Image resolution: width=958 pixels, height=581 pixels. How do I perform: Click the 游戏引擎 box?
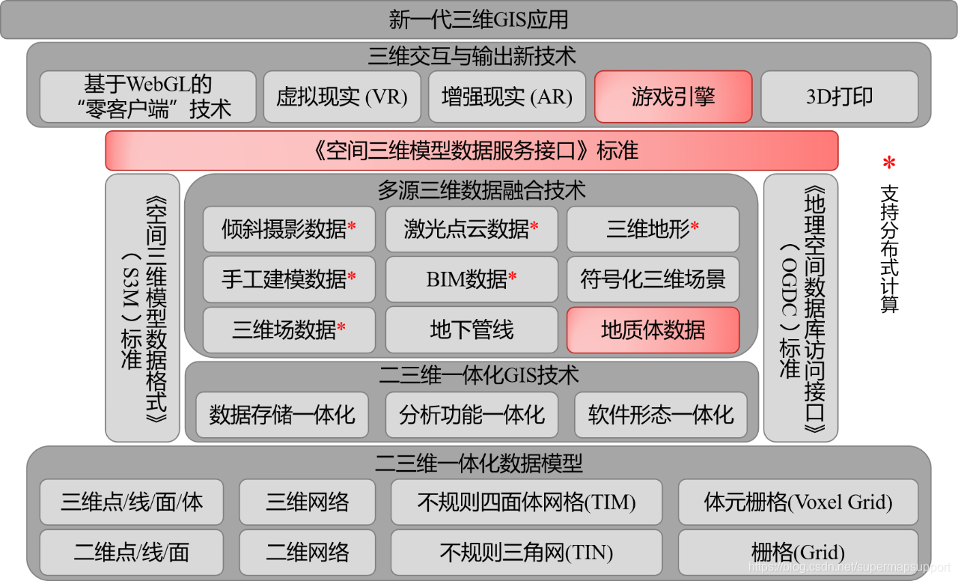[x=673, y=97]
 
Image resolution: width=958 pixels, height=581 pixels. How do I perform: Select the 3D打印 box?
[x=839, y=97]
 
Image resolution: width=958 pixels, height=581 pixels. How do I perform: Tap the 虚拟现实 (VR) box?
[x=342, y=97]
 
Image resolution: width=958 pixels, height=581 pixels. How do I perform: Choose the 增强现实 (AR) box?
[x=507, y=97]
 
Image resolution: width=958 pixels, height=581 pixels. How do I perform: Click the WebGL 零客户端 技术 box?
[x=147, y=97]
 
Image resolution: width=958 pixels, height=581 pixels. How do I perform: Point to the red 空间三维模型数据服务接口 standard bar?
[x=472, y=150]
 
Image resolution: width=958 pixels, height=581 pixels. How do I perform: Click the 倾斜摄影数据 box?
[x=289, y=229]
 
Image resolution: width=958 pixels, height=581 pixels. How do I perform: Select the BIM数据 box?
[x=472, y=279]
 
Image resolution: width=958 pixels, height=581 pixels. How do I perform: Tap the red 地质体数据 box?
[x=653, y=329]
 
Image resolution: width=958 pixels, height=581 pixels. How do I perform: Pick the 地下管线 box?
[x=472, y=329]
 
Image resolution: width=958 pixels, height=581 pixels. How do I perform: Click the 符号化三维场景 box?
[x=653, y=279]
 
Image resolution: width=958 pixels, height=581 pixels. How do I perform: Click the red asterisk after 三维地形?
[x=695, y=227]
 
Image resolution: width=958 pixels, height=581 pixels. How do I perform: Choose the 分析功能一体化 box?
[x=472, y=415]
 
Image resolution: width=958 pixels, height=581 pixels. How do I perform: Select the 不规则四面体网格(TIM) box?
[x=526, y=502]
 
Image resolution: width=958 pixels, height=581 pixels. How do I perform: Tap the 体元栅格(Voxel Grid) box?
[x=798, y=502]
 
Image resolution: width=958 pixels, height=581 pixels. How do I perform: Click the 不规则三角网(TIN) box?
[x=526, y=553]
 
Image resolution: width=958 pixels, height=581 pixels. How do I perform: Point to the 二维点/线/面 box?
[x=131, y=553]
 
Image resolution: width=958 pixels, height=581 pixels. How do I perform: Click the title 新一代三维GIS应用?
[x=479, y=19]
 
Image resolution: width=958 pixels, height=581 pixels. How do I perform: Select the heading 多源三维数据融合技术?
[x=472, y=190]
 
